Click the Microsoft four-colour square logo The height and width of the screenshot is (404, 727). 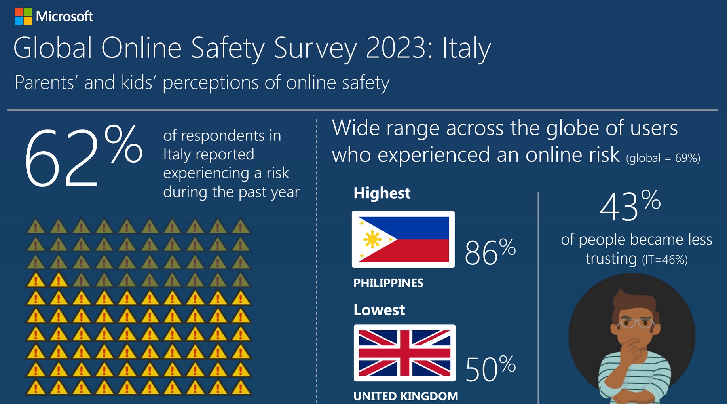coord(23,16)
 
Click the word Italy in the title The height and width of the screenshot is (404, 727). coord(467,48)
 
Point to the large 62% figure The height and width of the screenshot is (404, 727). coord(83,156)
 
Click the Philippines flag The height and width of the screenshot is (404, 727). coord(403,239)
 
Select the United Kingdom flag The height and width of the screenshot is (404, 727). coord(404,353)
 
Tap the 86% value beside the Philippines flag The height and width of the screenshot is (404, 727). coord(490,252)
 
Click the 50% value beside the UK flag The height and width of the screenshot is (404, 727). coord(490,368)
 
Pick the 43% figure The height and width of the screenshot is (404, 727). coord(629,206)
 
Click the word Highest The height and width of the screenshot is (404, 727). coord(382,193)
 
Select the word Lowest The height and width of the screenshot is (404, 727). coord(379,310)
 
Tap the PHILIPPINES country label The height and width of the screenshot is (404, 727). coord(388,283)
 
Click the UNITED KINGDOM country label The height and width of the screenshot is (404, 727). coord(406,396)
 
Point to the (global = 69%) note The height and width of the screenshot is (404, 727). coord(663,158)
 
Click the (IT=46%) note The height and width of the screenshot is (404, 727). coord(665,260)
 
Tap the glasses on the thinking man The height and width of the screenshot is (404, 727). coord(635,323)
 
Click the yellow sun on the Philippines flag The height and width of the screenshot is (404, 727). coord(372,239)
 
